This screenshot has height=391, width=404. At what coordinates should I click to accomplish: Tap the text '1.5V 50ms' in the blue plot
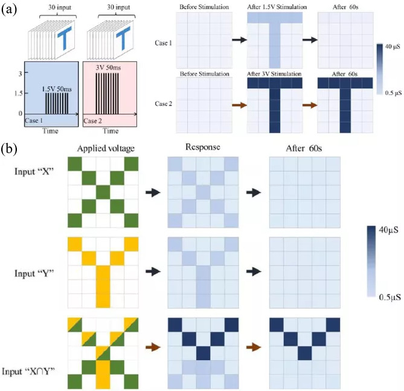pyautogui.click(x=56, y=88)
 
